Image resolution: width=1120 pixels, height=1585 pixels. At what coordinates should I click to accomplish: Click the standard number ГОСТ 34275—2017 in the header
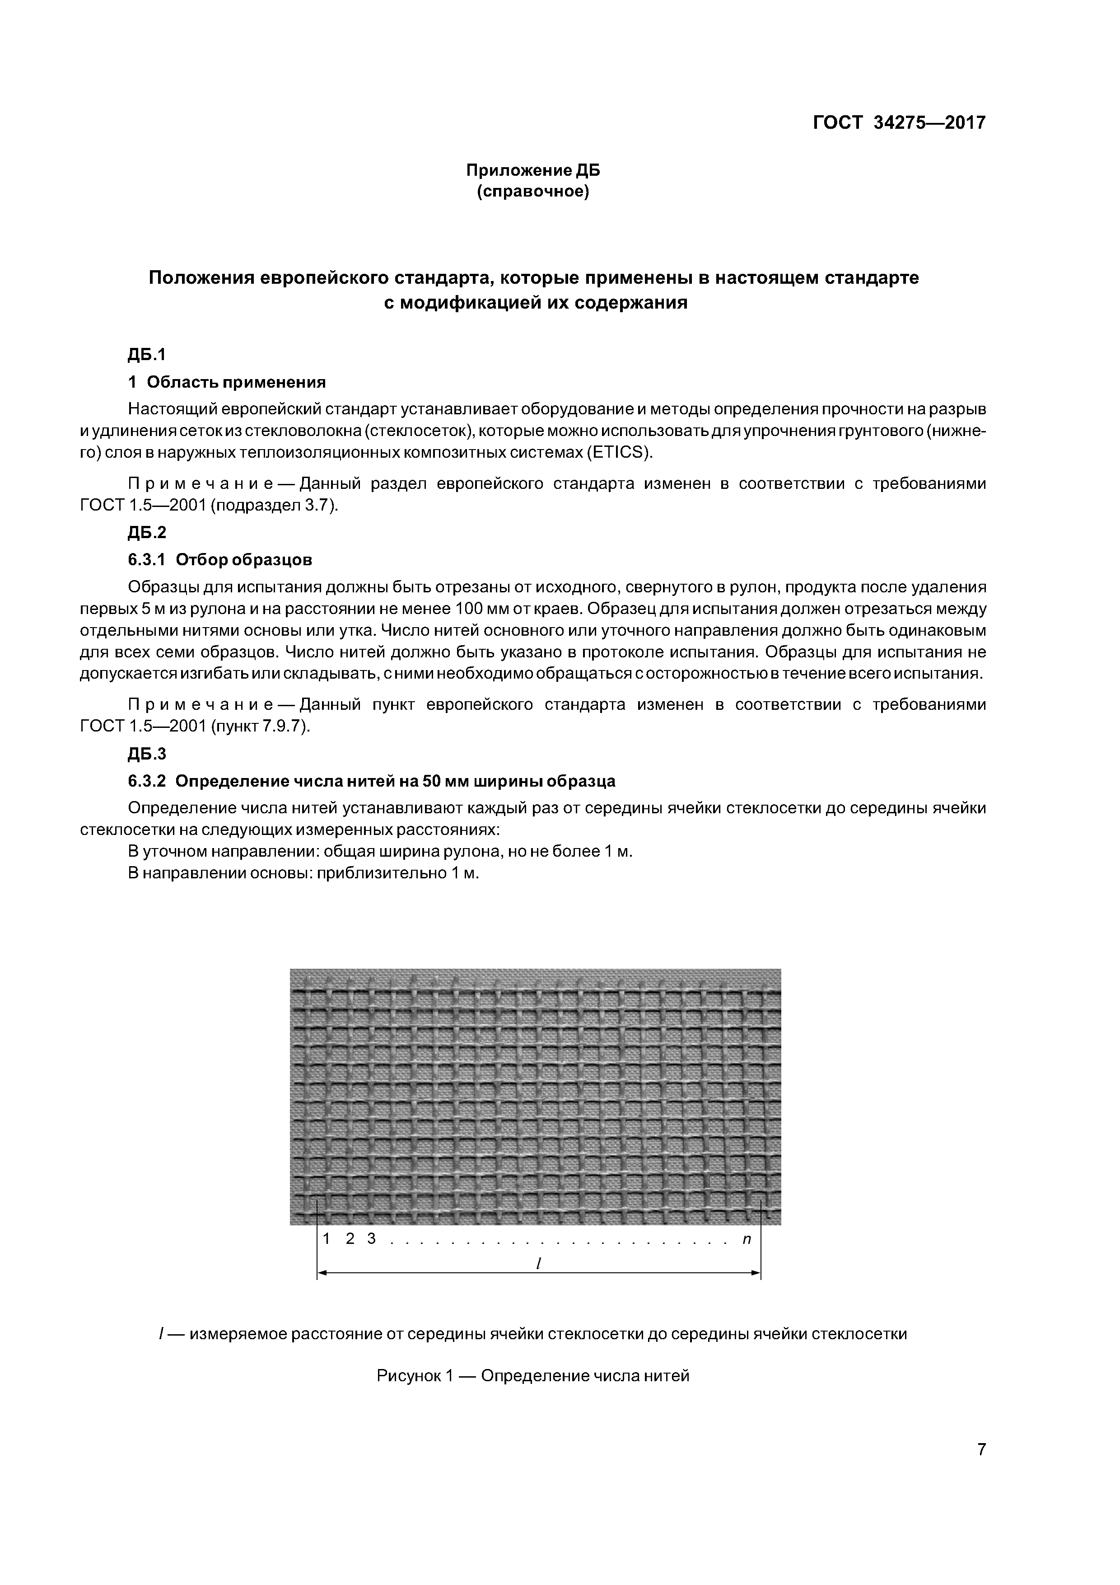[x=899, y=123]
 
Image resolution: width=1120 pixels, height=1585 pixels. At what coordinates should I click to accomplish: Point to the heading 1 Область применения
[x=227, y=382]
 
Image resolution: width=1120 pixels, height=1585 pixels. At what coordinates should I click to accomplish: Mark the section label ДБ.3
[x=147, y=754]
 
